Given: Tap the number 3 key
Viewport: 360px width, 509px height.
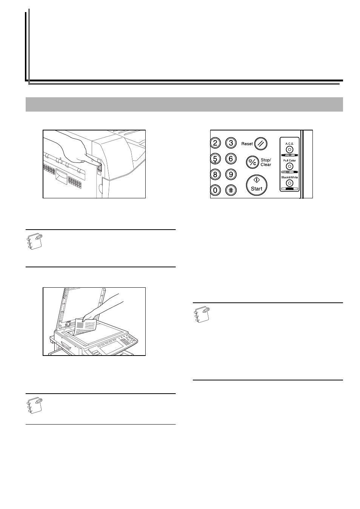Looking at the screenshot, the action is click(x=231, y=143).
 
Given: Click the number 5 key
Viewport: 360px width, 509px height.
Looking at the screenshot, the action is click(x=215, y=159).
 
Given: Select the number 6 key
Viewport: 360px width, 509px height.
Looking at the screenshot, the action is click(x=231, y=159).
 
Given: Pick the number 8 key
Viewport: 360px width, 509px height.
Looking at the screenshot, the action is click(x=215, y=175).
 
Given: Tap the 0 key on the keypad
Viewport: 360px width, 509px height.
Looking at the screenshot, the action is click(x=215, y=190).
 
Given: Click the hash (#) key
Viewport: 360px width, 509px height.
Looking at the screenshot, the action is click(x=231, y=190).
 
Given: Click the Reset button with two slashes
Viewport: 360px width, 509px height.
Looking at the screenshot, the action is click(x=261, y=144).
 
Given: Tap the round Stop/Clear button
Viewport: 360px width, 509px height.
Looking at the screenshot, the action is click(x=252, y=162).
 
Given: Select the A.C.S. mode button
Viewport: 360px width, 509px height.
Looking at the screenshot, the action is click(x=289, y=150).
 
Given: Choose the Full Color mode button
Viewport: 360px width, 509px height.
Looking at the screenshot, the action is click(x=289, y=166).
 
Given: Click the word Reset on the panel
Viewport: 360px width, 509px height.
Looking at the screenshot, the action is click(x=247, y=144).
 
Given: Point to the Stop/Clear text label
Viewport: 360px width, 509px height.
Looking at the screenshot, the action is click(x=266, y=162).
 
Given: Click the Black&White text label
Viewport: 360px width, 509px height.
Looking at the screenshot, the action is click(x=289, y=177).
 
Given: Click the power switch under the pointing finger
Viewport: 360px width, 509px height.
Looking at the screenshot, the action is click(x=99, y=167).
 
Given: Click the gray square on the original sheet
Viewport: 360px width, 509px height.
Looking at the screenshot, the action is click(x=80, y=325).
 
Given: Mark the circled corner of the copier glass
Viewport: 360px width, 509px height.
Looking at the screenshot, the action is click(x=68, y=332).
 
